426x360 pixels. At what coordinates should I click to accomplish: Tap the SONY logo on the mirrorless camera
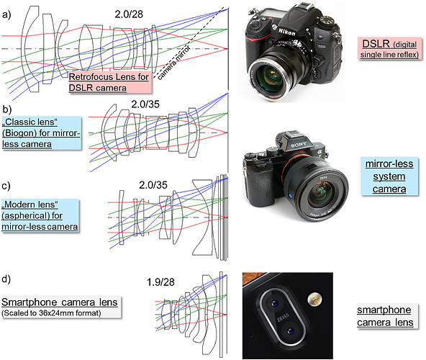point(299,145)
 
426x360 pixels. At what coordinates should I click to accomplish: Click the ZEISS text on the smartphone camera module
point(283,318)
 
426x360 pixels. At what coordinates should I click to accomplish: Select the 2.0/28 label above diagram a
point(129,14)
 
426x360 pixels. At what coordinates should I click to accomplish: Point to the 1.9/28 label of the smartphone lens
point(160,282)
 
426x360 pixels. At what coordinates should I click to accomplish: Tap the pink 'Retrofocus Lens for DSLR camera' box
point(110,82)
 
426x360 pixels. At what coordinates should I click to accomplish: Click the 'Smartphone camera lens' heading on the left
point(60,302)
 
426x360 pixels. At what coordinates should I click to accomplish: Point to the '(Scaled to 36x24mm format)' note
point(51,313)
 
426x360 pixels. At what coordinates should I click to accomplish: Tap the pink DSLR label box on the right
point(389,49)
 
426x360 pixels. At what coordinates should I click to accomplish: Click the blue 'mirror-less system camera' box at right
point(389,176)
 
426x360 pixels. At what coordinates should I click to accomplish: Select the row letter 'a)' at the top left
point(6,14)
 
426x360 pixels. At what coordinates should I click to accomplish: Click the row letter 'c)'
point(6,186)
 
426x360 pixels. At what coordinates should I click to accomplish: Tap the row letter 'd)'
point(6,279)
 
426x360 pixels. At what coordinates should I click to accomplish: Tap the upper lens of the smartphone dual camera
point(275,302)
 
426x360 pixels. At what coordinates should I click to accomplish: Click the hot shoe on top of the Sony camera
point(292,134)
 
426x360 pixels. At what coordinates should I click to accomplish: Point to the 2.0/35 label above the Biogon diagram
point(145,104)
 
